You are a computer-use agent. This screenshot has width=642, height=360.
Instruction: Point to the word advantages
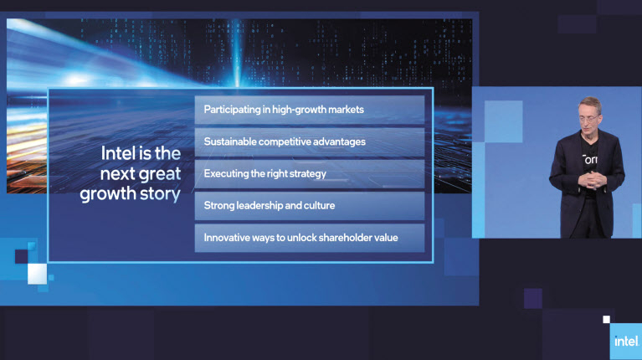click(x=340, y=142)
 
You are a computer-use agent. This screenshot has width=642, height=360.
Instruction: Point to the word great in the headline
click(x=160, y=174)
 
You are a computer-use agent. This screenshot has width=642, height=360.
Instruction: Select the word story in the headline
click(x=160, y=194)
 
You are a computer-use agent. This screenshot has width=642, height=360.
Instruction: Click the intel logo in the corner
click(x=625, y=341)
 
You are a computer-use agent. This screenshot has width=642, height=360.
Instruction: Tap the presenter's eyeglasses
click(x=588, y=119)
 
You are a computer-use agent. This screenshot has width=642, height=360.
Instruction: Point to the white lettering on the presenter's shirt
click(x=589, y=159)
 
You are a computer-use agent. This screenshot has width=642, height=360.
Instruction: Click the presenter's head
click(x=589, y=114)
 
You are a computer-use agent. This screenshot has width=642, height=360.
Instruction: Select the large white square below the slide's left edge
click(x=37, y=274)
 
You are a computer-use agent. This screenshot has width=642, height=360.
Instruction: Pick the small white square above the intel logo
click(x=606, y=320)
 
